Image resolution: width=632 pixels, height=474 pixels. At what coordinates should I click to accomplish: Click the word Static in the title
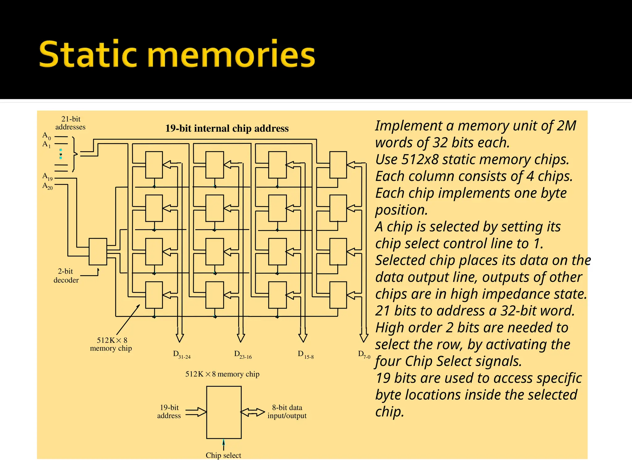[88, 54]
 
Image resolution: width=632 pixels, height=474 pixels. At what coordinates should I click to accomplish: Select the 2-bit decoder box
[98, 252]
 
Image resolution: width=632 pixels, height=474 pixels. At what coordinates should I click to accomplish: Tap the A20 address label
[48, 186]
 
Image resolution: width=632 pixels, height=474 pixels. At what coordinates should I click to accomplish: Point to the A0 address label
[46, 135]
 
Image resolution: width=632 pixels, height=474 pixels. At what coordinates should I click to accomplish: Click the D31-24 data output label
[182, 355]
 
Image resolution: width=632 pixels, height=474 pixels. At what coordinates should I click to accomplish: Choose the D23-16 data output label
[243, 355]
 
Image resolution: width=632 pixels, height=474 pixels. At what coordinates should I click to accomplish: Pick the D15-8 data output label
[306, 355]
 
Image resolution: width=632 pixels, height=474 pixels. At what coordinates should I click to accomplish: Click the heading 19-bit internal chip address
[227, 128]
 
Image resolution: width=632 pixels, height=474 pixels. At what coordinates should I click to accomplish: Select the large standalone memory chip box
[224, 412]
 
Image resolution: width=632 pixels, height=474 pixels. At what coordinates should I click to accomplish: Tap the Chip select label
[223, 455]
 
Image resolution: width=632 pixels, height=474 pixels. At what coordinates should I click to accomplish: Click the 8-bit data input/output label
[287, 412]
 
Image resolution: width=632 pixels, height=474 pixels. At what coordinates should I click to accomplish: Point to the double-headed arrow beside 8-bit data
[253, 412]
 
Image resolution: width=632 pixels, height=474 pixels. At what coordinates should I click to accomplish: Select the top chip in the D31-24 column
[154, 165]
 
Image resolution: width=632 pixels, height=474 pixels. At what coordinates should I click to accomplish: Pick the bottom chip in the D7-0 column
[338, 295]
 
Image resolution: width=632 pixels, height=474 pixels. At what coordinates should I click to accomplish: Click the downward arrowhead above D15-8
[303, 338]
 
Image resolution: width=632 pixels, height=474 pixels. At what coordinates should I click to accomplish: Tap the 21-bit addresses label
[70, 123]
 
